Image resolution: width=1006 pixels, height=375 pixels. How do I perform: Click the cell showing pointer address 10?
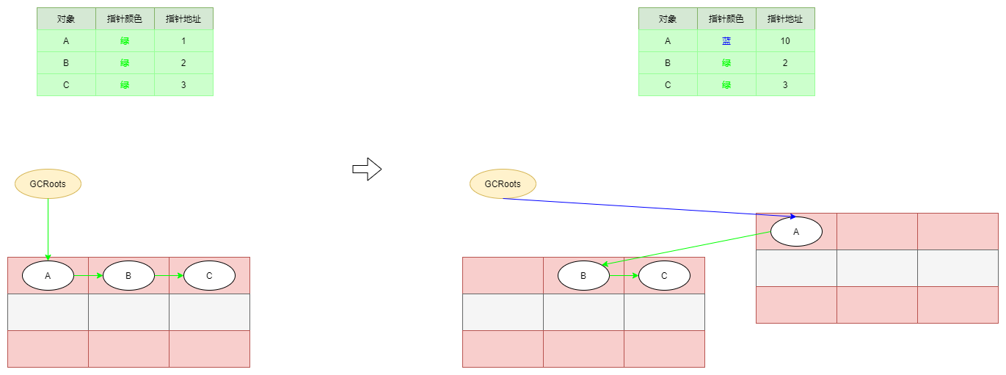click(785, 41)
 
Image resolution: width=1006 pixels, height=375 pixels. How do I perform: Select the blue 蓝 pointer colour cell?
click(726, 41)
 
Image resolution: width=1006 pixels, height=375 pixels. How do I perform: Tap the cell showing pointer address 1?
click(183, 41)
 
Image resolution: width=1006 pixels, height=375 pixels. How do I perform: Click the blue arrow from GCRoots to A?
click(646, 207)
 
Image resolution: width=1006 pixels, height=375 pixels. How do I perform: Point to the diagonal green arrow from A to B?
click(686, 249)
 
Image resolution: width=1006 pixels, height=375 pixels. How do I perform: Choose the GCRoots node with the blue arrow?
click(503, 183)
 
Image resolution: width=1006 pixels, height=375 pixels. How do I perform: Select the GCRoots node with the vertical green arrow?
click(48, 183)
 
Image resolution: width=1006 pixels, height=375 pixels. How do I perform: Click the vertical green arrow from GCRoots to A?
click(48, 227)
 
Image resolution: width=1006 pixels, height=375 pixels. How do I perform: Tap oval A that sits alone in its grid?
click(796, 232)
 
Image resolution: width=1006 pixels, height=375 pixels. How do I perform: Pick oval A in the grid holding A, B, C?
click(48, 276)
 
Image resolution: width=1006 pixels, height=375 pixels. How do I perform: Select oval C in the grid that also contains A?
click(209, 276)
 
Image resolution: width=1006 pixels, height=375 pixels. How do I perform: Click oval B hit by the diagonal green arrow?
click(583, 276)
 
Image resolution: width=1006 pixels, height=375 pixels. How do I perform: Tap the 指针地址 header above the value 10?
click(785, 19)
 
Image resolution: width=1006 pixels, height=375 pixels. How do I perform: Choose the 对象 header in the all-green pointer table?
click(66, 19)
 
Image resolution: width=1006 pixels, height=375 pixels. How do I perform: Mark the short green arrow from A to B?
click(88, 276)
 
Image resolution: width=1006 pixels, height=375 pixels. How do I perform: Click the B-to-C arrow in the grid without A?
click(624, 276)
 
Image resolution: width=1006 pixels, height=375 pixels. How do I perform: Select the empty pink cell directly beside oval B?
click(503, 276)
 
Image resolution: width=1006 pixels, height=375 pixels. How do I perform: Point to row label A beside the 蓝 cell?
click(668, 41)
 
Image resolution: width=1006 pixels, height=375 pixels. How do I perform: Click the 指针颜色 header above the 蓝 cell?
click(726, 19)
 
